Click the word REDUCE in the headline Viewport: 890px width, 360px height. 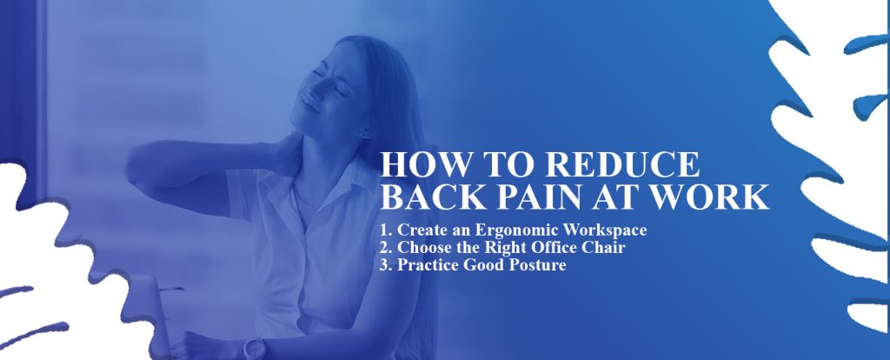click(x=622, y=164)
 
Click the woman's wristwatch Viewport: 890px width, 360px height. click(x=254, y=348)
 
